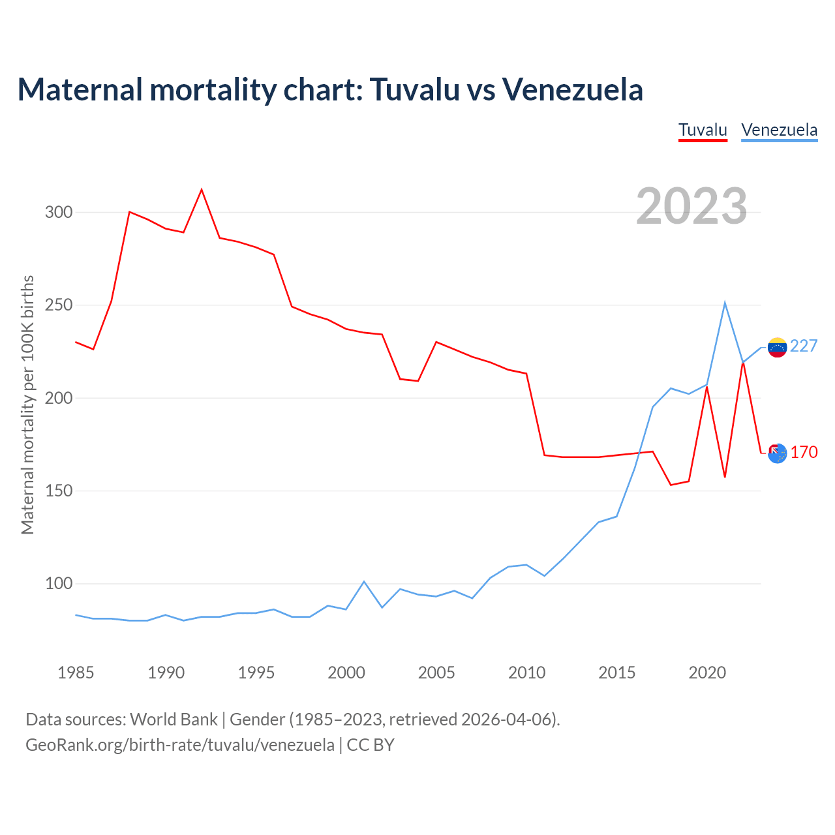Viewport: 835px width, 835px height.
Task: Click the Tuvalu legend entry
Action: coord(703,130)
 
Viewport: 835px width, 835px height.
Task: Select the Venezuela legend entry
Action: coord(779,130)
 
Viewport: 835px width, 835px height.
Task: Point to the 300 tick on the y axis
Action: coord(59,213)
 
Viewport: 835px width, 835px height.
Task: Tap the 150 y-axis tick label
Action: coord(59,491)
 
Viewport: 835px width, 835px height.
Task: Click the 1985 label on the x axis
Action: coord(76,673)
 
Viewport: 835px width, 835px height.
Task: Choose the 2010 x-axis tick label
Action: coord(526,673)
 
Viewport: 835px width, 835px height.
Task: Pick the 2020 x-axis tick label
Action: coord(707,673)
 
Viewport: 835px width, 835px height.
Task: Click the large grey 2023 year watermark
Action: coord(691,206)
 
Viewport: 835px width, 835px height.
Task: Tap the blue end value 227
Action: coord(804,346)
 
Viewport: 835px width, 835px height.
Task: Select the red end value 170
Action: coord(804,453)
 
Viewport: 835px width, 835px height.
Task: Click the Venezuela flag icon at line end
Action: coord(777,347)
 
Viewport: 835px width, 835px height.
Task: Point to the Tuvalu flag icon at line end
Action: coord(777,453)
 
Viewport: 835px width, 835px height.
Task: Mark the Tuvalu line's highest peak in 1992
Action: coord(202,190)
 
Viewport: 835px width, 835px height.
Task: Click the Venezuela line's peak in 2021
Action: coord(725,303)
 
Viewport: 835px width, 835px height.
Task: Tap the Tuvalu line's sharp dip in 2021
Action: coord(725,477)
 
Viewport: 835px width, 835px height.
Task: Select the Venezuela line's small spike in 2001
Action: coord(364,581)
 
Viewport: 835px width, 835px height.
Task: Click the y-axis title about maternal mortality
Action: coord(27,404)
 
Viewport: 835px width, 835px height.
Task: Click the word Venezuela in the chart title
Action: coord(572,89)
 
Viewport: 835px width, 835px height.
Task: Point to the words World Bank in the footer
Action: coord(174,720)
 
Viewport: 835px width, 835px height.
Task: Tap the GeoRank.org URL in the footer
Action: coord(179,745)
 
